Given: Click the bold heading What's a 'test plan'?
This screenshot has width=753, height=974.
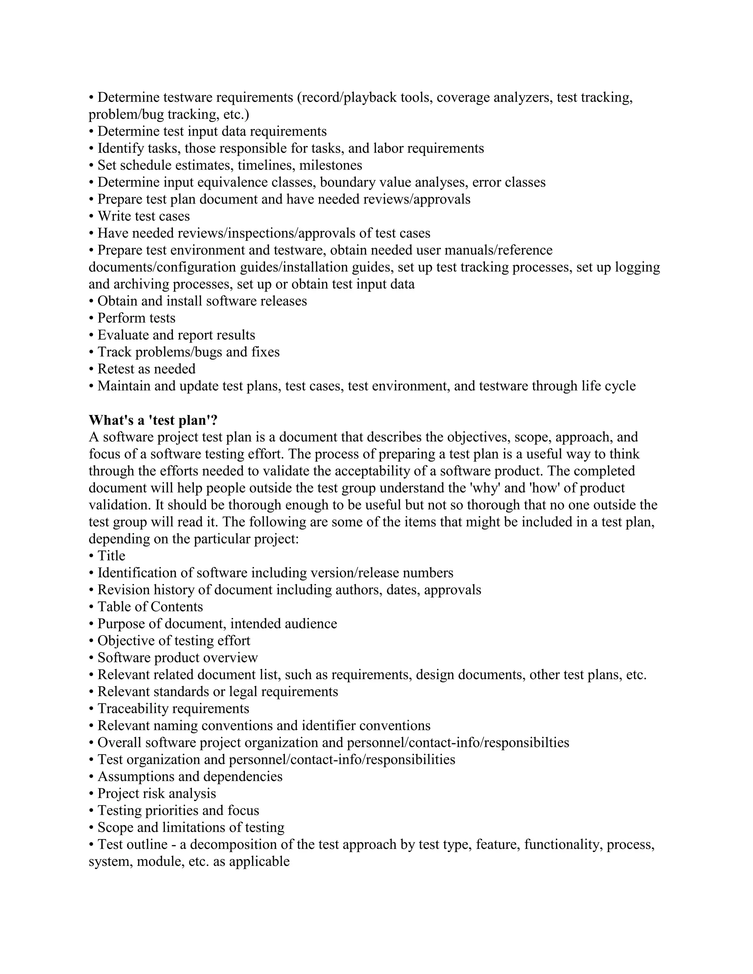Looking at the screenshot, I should pos(153,420).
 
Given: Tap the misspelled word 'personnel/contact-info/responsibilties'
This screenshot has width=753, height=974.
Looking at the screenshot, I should pos(458,742).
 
